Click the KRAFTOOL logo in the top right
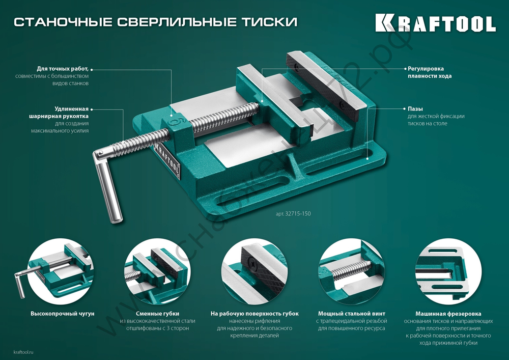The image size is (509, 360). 435,23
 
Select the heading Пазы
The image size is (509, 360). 415,109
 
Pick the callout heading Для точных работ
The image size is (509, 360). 63,68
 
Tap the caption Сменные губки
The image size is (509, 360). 157,314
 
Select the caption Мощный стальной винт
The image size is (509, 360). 352,314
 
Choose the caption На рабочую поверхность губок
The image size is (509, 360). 254,314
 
